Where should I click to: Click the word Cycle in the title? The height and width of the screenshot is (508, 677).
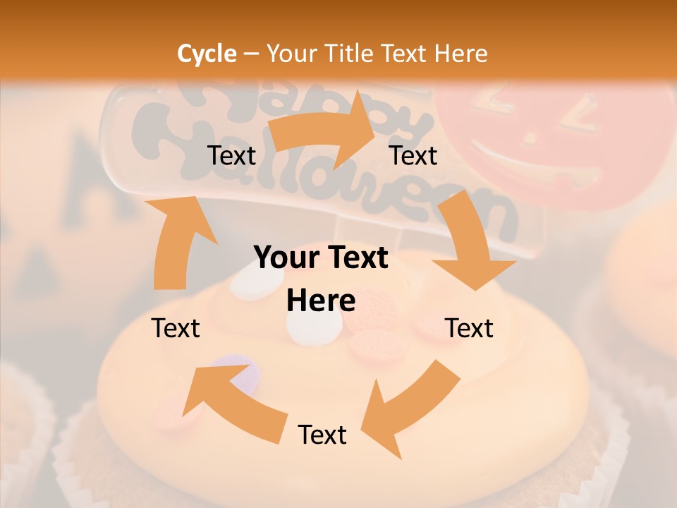point(207,54)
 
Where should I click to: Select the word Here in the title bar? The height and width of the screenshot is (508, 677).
point(461,54)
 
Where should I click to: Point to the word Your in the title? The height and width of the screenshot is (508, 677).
point(292,54)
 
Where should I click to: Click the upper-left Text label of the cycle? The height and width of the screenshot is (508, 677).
point(232,155)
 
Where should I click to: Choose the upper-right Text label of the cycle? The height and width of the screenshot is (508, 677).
point(413,155)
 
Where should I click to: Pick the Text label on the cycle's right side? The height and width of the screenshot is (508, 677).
point(470,328)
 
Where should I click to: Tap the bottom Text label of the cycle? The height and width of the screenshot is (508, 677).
point(322,435)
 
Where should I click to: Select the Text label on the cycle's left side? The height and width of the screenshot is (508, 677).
point(176,328)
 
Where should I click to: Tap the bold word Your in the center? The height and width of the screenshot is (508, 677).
point(281,258)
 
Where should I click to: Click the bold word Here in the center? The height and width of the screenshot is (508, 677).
point(321,301)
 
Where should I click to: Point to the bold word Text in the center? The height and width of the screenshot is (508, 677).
point(359,258)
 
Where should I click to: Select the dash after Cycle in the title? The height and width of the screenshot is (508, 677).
point(251,54)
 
